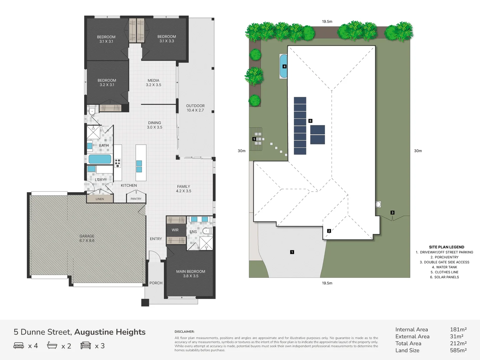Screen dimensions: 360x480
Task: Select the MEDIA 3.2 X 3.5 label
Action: click(153, 83)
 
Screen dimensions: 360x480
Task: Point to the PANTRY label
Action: click(136, 199)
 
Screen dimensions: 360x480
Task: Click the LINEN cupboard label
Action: click(100, 199)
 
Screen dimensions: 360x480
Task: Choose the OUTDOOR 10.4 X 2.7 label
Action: click(195, 108)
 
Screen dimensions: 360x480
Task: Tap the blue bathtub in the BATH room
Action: click(100, 159)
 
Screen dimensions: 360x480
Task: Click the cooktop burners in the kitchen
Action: click(118, 163)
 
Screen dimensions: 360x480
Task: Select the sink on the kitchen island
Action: click(139, 166)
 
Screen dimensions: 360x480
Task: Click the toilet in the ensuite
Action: click(207, 231)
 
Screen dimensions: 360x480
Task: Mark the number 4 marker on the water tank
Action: click(284, 66)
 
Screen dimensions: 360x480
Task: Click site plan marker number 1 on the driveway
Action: click(292, 252)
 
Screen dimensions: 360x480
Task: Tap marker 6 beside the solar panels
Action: click(310, 121)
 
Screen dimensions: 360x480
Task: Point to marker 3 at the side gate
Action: click(392, 212)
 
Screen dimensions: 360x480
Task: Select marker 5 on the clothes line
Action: click(254, 139)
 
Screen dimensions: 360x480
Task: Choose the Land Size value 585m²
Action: click(458, 350)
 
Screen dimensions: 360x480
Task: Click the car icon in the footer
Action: click(86, 345)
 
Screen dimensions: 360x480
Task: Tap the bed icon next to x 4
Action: click(19, 345)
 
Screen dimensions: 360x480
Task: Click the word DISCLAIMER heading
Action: click(184, 332)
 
